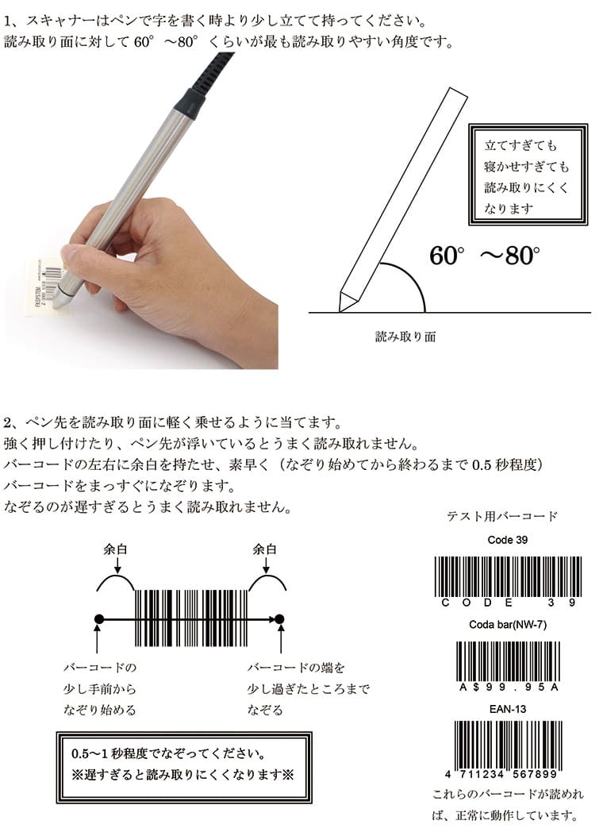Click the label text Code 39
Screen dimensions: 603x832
point(508,540)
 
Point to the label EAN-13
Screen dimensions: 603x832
point(508,709)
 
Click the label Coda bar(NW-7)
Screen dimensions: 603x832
point(508,625)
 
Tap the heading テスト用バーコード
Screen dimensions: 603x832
point(501,516)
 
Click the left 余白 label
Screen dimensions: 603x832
point(115,549)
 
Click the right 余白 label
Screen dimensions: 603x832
point(265,549)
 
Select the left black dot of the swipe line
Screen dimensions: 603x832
point(98,619)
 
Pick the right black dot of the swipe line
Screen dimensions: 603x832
point(280,619)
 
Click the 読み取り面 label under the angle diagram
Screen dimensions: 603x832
point(405,337)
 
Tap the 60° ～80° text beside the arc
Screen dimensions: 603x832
point(485,255)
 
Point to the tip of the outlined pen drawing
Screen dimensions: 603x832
point(340,312)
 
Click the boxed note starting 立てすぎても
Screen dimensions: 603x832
point(528,175)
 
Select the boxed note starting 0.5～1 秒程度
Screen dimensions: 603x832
point(184,767)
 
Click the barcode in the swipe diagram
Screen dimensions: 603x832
point(191,618)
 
